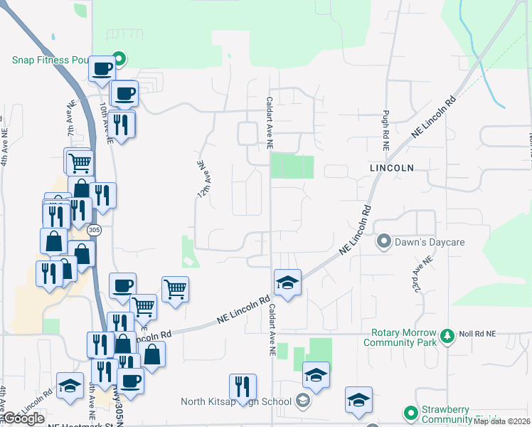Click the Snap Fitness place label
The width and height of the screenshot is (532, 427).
pyautogui.click(x=50, y=60)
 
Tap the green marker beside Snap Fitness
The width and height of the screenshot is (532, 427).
pyautogui.click(x=119, y=60)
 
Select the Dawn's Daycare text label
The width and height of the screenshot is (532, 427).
pyautogui.click(x=430, y=242)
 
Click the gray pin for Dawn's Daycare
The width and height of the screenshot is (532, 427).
pyautogui.click(x=384, y=242)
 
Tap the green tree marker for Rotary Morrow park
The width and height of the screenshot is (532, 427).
pyautogui.click(x=447, y=334)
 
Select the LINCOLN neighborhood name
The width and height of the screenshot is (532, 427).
pyautogui.click(x=391, y=167)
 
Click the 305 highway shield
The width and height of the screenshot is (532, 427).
pyautogui.click(x=94, y=231)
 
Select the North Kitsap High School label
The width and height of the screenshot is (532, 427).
pyautogui.click(x=237, y=401)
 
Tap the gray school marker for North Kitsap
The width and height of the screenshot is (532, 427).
pyautogui.click(x=303, y=401)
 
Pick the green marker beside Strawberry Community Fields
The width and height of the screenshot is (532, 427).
pyautogui.click(x=410, y=412)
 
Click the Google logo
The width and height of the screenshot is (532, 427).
pyautogui.click(x=23, y=418)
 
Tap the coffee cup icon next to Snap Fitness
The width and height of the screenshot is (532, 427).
pyautogui.click(x=102, y=69)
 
